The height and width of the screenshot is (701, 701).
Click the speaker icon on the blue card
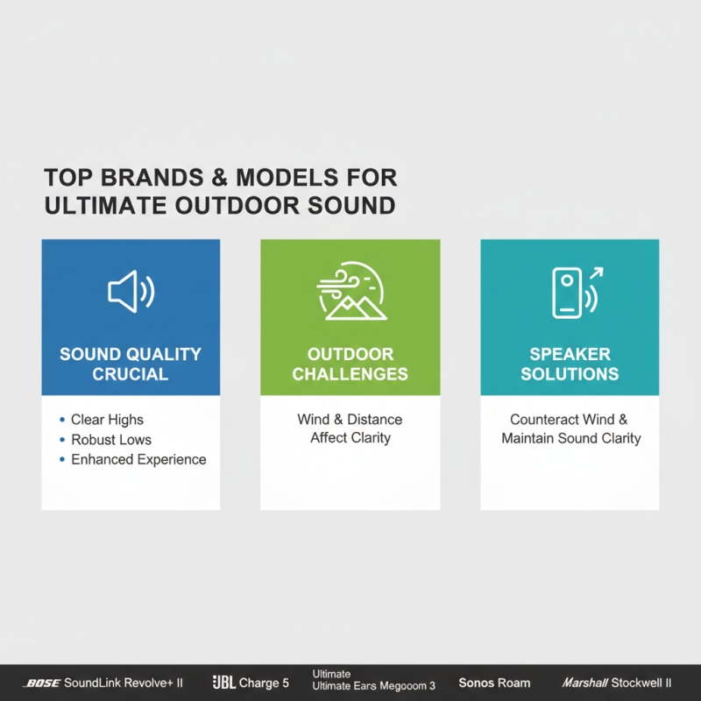pos(131,292)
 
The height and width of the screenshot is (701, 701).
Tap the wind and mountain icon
pos(350,291)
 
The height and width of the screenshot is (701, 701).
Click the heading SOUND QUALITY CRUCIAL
pos(131,364)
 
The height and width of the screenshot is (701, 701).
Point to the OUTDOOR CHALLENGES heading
pos(350,364)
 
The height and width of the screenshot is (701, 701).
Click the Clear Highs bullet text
pos(107,420)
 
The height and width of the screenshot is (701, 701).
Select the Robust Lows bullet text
pos(111,440)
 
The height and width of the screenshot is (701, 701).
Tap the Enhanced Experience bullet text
pos(138,459)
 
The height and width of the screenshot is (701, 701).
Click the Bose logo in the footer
pos(40,683)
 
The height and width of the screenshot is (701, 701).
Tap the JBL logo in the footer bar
pos(223,683)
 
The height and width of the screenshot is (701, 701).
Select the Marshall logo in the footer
pos(585,683)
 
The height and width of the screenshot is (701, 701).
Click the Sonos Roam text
pos(494,683)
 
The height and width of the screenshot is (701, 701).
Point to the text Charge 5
pos(264,683)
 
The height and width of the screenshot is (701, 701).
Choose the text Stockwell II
pos(643,683)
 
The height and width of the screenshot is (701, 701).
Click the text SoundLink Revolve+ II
pos(123,683)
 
